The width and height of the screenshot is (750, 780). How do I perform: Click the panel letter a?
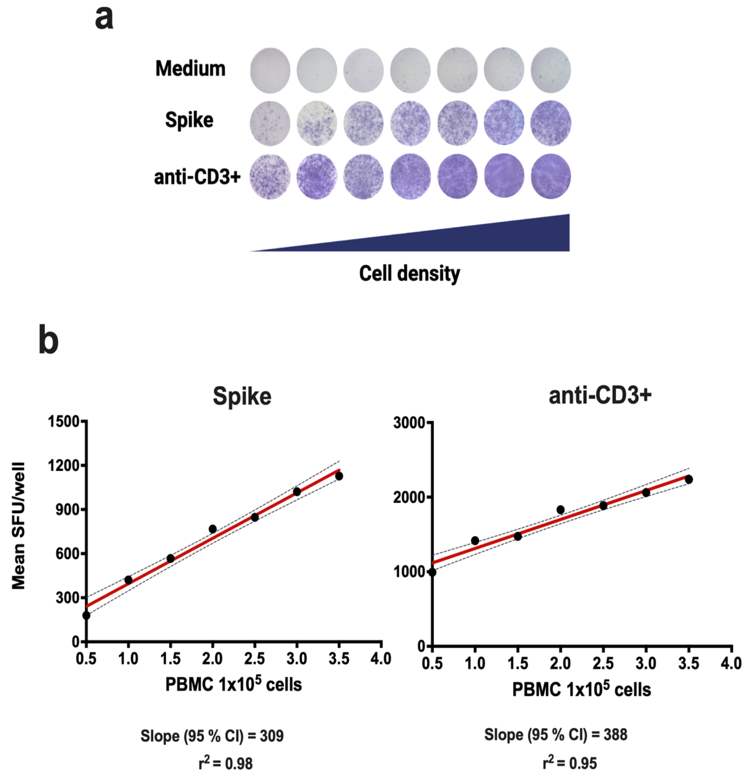(x=104, y=19)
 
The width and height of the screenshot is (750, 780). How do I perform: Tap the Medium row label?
(x=190, y=69)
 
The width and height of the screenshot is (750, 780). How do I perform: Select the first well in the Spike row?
(x=270, y=123)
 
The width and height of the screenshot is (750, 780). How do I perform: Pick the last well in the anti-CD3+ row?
(x=551, y=176)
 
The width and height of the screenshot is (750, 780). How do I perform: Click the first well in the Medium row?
(x=270, y=70)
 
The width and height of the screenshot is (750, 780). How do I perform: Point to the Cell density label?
(x=409, y=274)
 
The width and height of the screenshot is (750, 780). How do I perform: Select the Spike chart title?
(x=242, y=396)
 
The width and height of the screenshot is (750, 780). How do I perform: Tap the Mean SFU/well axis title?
(x=18, y=525)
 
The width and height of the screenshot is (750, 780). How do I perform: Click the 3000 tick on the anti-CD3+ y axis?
(x=409, y=423)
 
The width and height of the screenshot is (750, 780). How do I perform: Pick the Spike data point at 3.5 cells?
(x=339, y=476)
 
